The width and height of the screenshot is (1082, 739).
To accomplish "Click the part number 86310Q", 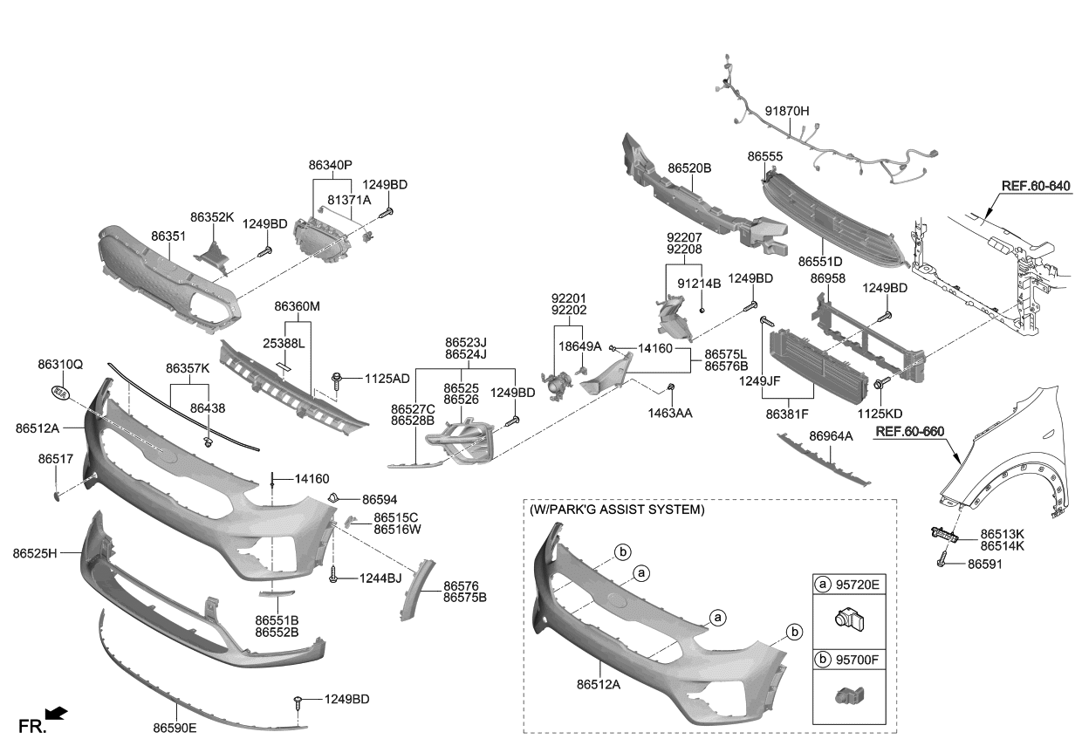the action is point(60,364).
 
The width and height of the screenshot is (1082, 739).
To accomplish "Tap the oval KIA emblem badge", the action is point(60,393).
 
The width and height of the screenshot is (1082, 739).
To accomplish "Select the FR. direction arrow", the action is point(56,713).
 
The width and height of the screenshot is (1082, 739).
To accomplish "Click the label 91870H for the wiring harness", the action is point(787,111).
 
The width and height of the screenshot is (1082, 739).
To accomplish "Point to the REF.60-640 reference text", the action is point(1036,186).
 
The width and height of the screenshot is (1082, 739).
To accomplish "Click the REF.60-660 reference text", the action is point(909,431).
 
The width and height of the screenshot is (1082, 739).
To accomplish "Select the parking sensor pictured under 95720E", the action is point(850,620).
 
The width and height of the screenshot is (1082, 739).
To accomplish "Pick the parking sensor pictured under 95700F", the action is point(850,695).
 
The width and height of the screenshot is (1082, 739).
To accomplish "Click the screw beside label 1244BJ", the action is point(332,575).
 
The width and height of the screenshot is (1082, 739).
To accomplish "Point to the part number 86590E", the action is point(175,728).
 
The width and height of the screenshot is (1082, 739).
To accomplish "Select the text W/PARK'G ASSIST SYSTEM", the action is point(617,510).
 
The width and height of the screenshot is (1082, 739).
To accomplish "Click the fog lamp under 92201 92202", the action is point(557,385).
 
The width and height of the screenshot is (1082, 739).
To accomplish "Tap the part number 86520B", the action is point(689,168).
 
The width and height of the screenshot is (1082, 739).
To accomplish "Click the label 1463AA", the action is point(670,413).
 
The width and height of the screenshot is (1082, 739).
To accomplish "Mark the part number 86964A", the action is point(831,436).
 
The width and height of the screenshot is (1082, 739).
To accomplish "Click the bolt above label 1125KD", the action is point(880,385).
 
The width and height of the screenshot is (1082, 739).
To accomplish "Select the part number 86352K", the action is point(211,217).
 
